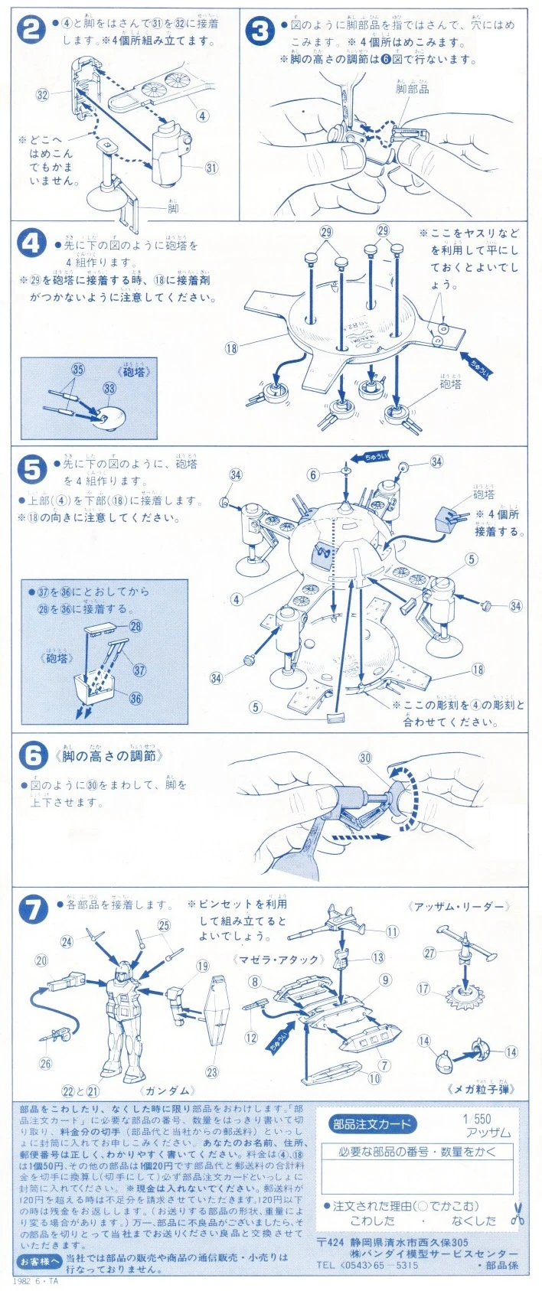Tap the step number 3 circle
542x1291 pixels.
[260, 31]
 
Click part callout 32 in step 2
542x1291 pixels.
[43, 95]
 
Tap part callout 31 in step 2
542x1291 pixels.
[211, 168]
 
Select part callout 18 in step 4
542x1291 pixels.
[231, 348]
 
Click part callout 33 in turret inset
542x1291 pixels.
[109, 389]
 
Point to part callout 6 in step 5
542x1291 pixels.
[313, 475]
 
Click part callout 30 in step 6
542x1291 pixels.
[365, 758]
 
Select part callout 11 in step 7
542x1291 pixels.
[392, 932]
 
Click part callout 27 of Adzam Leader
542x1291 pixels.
[429, 953]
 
